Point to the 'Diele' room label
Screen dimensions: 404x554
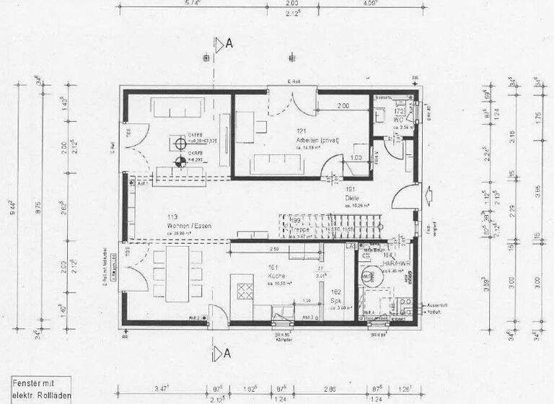coord(352,197)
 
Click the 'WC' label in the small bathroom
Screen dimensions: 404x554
coord(397,120)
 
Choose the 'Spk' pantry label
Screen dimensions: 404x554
coord(335,300)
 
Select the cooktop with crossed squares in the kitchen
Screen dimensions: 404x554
coord(245,291)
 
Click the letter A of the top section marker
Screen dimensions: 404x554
coord(229,43)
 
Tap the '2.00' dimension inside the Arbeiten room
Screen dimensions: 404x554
coord(343,106)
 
